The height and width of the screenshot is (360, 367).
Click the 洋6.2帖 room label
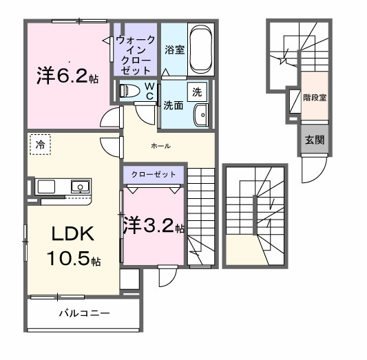click(x=67, y=76)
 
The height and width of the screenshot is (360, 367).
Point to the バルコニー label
click(x=83, y=314)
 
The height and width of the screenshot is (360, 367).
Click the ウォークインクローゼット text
click(x=136, y=56)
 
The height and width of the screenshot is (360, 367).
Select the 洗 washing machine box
click(x=198, y=91)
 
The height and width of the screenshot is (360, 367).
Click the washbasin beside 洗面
click(x=201, y=116)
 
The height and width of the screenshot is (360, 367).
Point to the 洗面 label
click(x=172, y=105)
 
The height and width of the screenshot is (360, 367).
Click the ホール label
click(x=160, y=146)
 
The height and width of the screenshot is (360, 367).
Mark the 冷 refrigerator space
click(x=41, y=145)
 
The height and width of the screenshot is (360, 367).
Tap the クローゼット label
click(x=154, y=175)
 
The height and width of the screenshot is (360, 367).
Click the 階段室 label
click(x=314, y=98)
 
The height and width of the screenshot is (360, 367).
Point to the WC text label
click(x=148, y=90)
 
